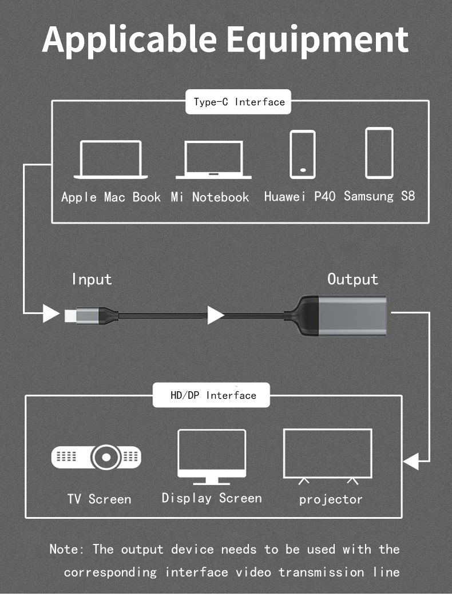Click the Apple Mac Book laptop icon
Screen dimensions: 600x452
click(x=111, y=160)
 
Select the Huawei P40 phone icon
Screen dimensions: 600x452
click(x=302, y=154)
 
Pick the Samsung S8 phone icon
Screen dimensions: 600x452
click(x=379, y=153)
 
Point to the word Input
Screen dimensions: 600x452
click(x=92, y=279)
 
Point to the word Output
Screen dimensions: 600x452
click(x=352, y=279)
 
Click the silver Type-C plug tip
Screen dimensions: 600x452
click(x=71, y=315)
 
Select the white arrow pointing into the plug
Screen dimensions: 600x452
click(x=51, y=313)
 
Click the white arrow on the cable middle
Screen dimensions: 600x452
click(x=215, y=315)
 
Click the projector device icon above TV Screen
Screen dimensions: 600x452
click(x=97, y=456)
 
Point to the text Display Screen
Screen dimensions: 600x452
click(x=212, y=498)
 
